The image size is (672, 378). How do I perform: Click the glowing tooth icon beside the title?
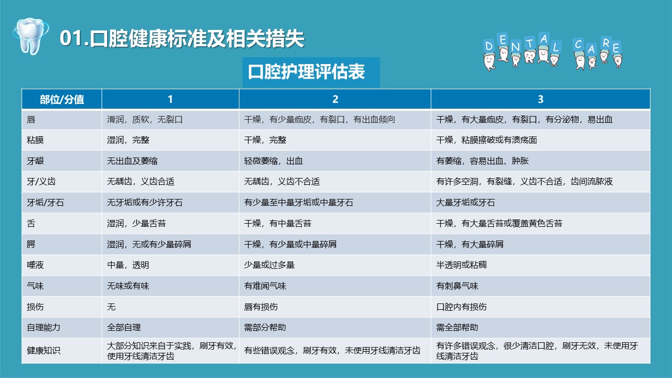(x=30, y=36)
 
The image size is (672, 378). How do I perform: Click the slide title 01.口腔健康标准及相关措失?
(x=182, y=39)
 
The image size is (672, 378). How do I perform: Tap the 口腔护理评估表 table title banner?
(x=311, y=72)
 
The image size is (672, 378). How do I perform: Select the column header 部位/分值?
(x=62, y=99)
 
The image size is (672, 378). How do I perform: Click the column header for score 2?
(x=335, y=99)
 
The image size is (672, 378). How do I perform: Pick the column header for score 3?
(x=540, y=99)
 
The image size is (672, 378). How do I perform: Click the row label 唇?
(x=31, y=120)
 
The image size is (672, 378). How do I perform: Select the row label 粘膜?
(x=35, y=140)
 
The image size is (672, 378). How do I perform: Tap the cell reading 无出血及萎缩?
(x=132, y=161)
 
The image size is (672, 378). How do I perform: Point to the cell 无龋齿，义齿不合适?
(x=282, y=182)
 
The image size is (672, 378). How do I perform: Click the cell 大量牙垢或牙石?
(x=465, y=203)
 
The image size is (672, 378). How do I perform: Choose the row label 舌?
(x=31, y=224)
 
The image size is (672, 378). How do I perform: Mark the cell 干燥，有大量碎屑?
(x=470, y=244)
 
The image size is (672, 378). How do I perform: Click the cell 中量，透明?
(x=128, y=265)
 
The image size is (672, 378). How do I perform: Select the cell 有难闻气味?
(x=265, y=286)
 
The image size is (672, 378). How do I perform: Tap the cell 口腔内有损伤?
(x=461, y=307)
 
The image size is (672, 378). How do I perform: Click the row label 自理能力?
(x=44, y=327)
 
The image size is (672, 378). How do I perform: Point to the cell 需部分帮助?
(x=265, y=327)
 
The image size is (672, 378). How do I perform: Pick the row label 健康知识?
(x=44, y=350)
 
